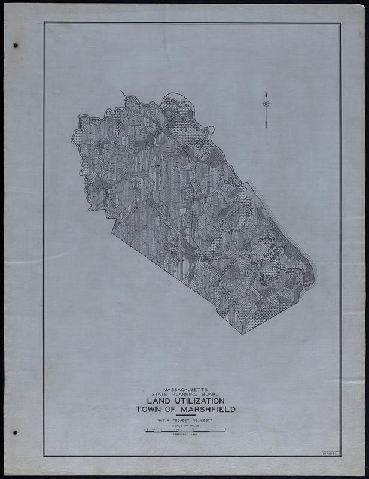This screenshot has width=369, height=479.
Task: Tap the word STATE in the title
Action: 162,394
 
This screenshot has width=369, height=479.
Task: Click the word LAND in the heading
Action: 156,401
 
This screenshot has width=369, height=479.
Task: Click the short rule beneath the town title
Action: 185,416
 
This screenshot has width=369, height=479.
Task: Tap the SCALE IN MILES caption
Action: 185,426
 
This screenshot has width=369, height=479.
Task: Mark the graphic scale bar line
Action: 185,431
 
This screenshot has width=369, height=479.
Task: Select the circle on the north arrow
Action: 266,103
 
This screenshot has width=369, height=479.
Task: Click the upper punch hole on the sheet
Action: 16,46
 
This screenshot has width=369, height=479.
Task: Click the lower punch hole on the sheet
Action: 16,432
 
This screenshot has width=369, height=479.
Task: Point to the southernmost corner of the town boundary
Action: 242,334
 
